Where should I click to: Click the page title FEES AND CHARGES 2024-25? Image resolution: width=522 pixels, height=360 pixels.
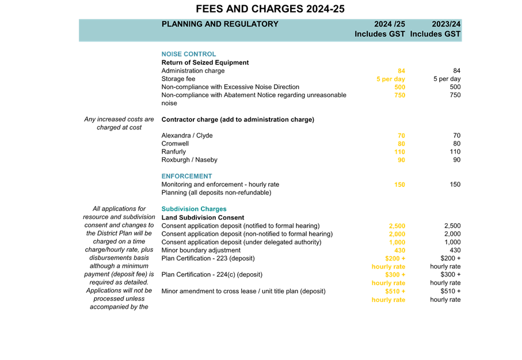click(270, 9)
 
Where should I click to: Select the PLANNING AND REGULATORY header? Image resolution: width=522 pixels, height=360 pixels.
click(220, 24)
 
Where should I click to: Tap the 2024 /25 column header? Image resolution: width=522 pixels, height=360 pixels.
click(390, 24)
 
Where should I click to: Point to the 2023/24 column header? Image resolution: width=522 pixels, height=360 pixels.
click(446, 24)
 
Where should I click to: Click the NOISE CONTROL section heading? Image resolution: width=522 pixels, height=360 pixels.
click(188, 54)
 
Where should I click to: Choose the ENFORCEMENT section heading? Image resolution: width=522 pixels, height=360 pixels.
click(186, 176)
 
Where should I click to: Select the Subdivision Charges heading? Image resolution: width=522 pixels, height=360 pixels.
click(194, 209)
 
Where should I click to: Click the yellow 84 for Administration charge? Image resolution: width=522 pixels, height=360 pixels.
click(401, 71)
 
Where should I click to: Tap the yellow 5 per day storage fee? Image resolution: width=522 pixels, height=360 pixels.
click(391, 79)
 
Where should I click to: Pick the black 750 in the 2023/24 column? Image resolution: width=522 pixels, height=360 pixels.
click(455, 95)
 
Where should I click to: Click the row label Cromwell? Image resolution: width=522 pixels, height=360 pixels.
click(175, 144)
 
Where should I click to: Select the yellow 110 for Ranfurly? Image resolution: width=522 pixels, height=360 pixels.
click(399, 152)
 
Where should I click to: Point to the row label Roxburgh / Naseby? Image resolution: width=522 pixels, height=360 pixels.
click(189, 160)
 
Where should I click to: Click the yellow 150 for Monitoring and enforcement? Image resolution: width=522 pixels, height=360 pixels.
click(399, 185)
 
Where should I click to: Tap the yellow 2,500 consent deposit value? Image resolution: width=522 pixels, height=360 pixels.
click(397, 226)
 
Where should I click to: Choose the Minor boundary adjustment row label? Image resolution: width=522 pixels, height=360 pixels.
click(201, 250)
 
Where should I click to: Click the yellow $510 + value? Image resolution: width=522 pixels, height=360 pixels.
click(395, 292)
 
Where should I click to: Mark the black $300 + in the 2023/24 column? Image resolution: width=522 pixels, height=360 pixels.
click(451, 275)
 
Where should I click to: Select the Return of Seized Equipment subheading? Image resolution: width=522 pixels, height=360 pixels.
click(205, 63)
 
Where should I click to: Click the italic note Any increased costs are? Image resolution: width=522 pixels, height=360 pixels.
click(119, 120)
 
